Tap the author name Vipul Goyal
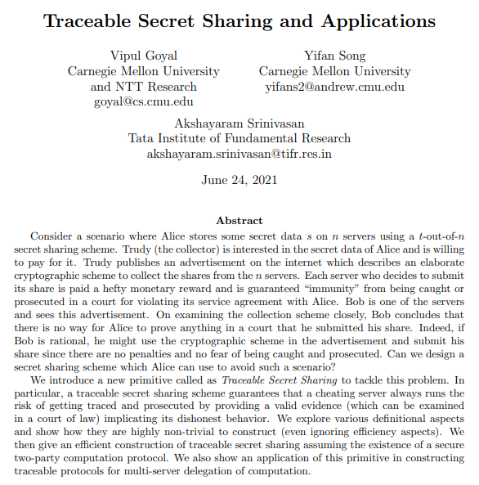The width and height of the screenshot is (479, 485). [144, 56]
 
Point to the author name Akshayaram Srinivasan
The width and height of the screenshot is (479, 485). [239, 123]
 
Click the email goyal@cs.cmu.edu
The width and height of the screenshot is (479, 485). [144, 102]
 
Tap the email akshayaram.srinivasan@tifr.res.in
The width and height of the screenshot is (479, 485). [239, 154]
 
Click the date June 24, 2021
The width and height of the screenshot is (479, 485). [239, 180]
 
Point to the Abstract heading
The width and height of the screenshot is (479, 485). [239, 220]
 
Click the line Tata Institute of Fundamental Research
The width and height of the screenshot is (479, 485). [239, 138]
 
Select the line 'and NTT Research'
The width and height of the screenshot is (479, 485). [144, 87]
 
